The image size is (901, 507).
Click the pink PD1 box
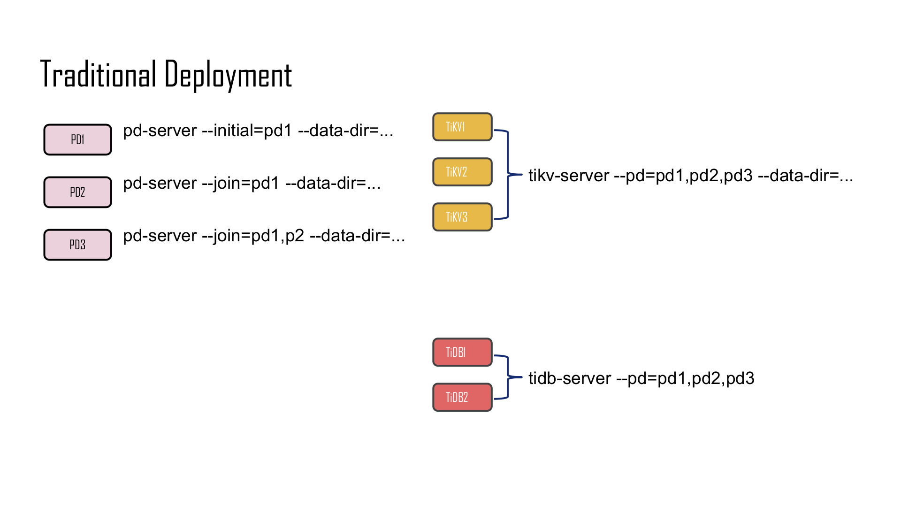click(x=77, y=139)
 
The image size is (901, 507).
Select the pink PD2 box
click(x=77, y=192)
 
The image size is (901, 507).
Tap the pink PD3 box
click(x=77, y=245)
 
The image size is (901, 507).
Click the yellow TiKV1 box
click(x=462, y=127)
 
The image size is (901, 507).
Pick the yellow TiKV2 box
click(x=462, y=172)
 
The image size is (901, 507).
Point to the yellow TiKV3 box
click(x=462, y=217)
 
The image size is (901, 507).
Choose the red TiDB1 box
click(x=462, y=352)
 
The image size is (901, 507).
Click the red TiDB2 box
click(x=462, y=397)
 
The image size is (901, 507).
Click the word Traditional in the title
click(x=98, y=74)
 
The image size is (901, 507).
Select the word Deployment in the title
click(x=228, y=75)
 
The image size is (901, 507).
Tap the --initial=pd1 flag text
click(x=247, y=131)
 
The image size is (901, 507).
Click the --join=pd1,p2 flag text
click(x=253, y=236)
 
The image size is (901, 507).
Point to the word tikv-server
click(x=568, y=176)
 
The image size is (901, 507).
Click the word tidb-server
click(x=569, y=378)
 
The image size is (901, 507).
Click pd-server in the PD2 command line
click(x=160, y=183)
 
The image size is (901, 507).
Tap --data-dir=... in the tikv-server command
click(x=805, y=176)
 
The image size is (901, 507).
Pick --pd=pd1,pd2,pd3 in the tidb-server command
click(x=685, y=378)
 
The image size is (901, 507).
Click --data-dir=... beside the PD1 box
click(x=345, y=131)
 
